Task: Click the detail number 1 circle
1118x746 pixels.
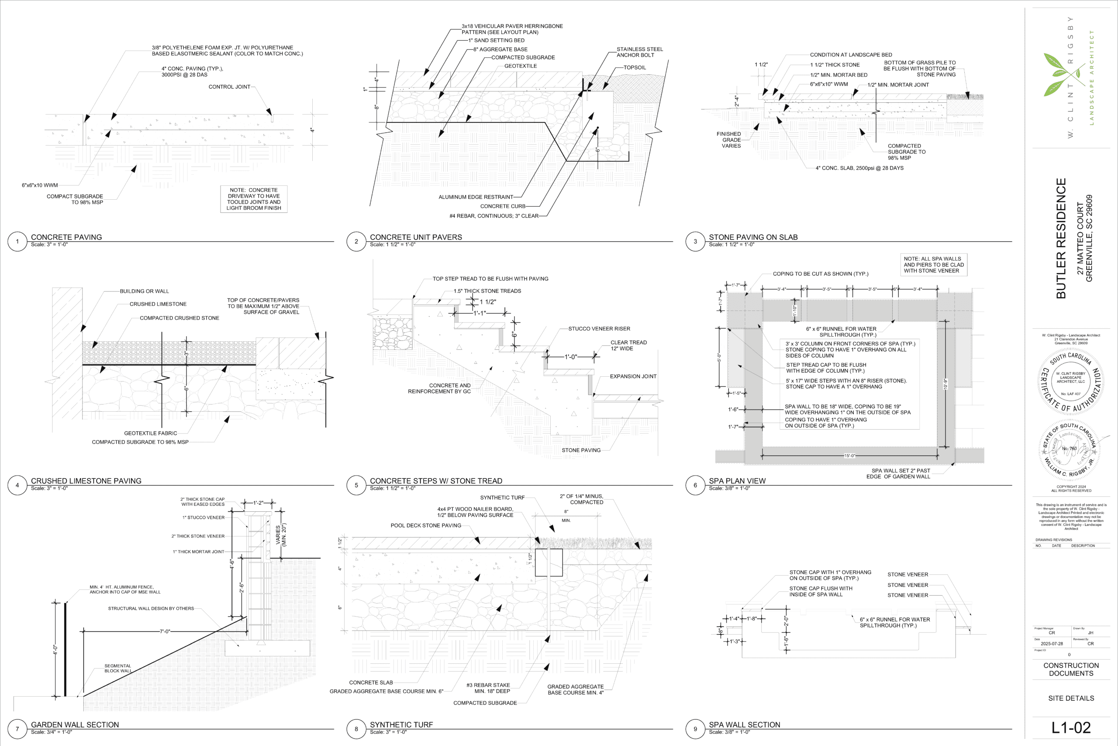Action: point(17,241)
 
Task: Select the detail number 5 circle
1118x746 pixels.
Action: point(356,485)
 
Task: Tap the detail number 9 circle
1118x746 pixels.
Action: point(695,729)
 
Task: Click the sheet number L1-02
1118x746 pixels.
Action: point(1070,728)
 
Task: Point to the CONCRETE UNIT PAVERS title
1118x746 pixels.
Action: point(415,237)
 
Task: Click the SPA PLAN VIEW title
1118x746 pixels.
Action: point(737,481)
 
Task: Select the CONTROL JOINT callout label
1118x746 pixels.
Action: point(229,87)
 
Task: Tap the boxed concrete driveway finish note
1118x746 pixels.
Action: point(254,199)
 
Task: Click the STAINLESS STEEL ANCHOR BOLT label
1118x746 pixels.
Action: point(639,52)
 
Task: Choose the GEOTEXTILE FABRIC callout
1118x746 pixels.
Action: point(150,434)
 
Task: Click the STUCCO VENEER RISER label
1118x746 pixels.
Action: point(599,329)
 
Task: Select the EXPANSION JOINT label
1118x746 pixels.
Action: point(633,376)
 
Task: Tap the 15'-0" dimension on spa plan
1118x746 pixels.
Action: point(849,456)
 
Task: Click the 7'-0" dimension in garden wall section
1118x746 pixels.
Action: point(165,631)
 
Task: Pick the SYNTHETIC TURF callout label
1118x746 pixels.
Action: point(502,498)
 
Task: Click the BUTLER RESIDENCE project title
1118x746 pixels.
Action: point(1061,238)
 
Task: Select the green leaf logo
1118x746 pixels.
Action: point(1061,74)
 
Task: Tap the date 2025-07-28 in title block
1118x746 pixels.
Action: point(1052,644)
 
